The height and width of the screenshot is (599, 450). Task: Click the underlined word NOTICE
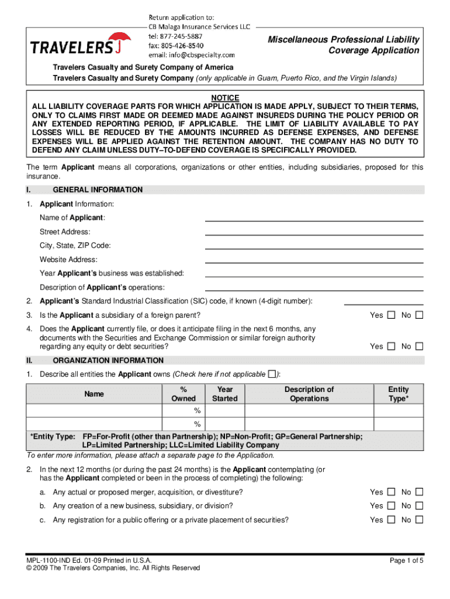[225, 98]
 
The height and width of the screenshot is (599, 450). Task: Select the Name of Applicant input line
[313, 218]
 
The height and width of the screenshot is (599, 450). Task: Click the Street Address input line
[313, 232]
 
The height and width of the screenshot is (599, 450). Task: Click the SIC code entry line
[383, 302]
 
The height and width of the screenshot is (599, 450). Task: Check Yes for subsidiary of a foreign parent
[391, 315]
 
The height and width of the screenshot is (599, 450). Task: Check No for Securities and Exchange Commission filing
[418, 346]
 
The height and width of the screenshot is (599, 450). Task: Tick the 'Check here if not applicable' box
[271, 374]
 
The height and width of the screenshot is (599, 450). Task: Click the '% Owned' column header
[184, 394]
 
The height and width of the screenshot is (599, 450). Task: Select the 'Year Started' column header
[225, 394]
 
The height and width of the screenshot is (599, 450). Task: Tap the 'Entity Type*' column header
[399, 394]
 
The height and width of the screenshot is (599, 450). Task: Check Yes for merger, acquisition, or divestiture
[391, 492]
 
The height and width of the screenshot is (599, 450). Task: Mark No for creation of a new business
[418, 506]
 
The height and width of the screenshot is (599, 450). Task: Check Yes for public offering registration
[391, 520]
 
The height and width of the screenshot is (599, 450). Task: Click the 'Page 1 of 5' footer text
[406, 561]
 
